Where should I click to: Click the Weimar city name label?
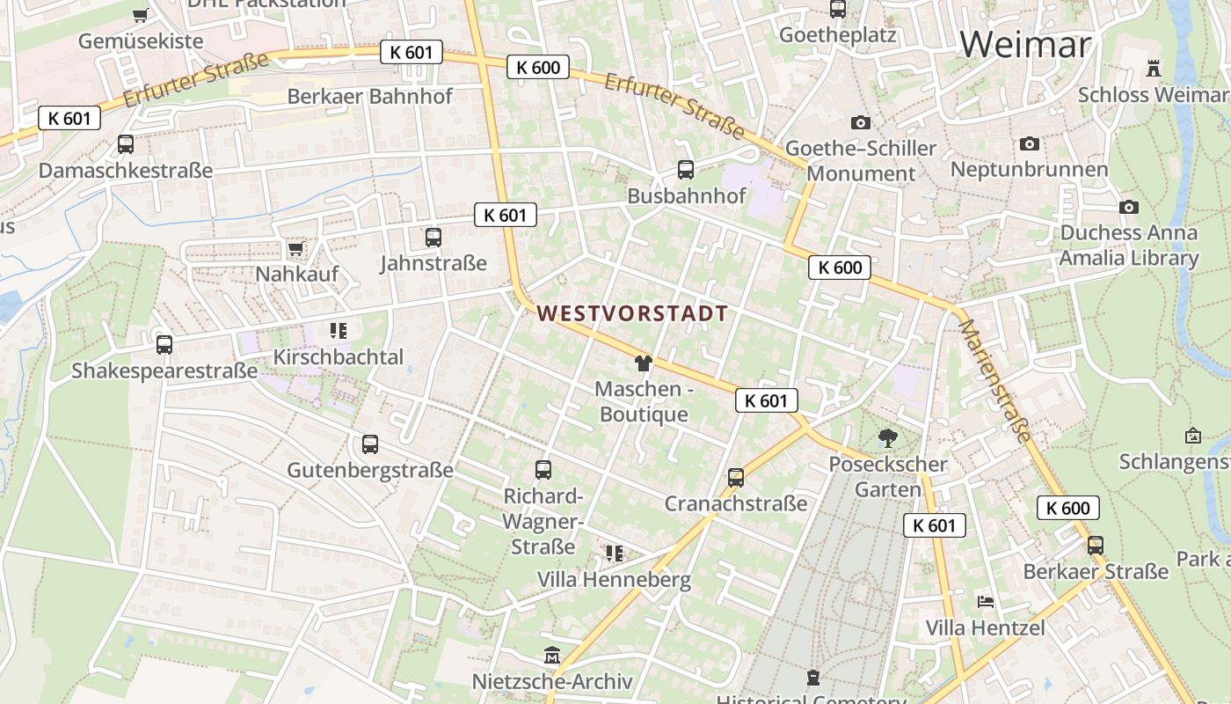coord(1025,44)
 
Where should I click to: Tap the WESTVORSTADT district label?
coord(632,313)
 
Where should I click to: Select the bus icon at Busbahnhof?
coord(686,170)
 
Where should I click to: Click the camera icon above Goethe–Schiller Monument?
coord(861,122)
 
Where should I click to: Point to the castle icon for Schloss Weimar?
coord(1154,68)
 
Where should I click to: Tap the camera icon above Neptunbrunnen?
coord(1030,143)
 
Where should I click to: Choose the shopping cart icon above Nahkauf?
coord(295,249)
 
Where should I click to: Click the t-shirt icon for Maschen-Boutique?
coord(643,363)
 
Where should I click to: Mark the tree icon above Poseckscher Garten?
coord(888,437)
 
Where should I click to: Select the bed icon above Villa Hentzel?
coord(986,602)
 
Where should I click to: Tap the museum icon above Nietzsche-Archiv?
coord(552,656)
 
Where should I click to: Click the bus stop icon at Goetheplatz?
coord(838,10)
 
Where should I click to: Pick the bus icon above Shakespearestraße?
coord(164,344)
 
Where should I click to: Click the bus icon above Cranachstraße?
coord(736,478)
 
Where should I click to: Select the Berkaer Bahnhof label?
coord(370,96)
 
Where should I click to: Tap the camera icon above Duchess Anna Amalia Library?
coord(1129,207)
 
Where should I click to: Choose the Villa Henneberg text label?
coord(614,580)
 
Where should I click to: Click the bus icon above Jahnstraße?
coord(433,237)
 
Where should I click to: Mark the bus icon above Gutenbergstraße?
coord(370,444)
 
